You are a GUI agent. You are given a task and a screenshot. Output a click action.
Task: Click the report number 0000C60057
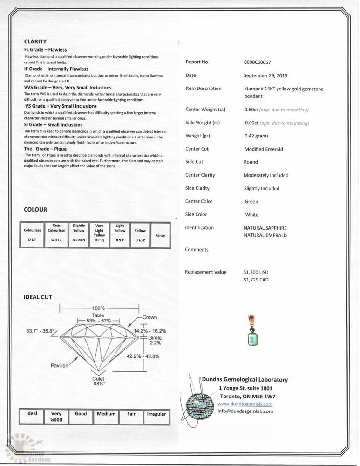click(x=257, y=62)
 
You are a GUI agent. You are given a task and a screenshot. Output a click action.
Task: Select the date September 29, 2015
click(x=265, y=75)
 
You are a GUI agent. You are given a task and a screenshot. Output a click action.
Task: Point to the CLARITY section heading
click(x=35, y=41)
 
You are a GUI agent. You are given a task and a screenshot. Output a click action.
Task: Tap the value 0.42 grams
click(x=256, y=136)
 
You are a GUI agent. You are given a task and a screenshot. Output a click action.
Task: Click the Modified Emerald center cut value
click(x=264, y=149)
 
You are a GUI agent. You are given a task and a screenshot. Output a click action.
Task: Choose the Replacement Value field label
click(x=205, y=272)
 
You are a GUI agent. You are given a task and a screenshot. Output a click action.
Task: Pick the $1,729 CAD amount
click(x=256, y=280)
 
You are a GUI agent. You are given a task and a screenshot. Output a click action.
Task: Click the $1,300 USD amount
click(x=256, y=272)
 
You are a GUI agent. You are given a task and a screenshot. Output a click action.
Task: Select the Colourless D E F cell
click(x=33, y=235)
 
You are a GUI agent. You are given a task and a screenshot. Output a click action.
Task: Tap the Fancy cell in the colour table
click(x=160, y=235)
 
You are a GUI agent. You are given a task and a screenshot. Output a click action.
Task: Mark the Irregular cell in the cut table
click(x=156, y=414)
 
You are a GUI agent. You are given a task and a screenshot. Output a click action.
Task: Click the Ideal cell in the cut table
click(x=32, y=413)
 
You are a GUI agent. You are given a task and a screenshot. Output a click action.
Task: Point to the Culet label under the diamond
click(x=98, y=379)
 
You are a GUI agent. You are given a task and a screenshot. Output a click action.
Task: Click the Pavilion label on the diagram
click(x=59, y=366)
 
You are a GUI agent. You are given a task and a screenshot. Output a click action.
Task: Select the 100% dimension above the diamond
click(x=98, y=308)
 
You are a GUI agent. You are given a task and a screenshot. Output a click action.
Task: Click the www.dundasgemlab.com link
click(x=245, y=404)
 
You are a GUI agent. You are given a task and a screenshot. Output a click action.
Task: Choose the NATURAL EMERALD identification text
click(x=265, y=236)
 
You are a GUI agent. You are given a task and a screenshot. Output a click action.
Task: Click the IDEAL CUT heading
click(x=38, y=297)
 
